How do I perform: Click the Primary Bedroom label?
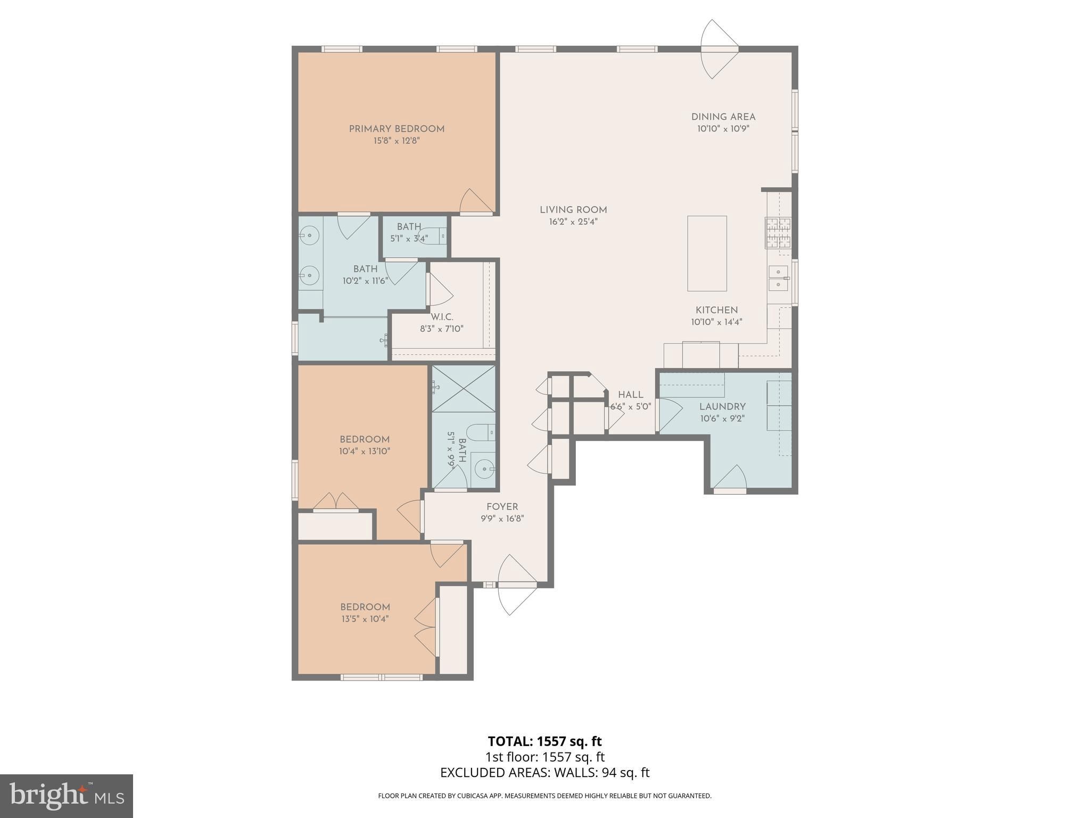pyautogui.click(x=397, y=129)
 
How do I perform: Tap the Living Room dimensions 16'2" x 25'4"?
pyautogui.click(x=573, y=222)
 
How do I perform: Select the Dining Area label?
pyautogui.click(x=723, y=117)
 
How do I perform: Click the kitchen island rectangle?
pyautogui.click(x=707, y=253)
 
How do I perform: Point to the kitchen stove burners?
pyautogui.click(x=778, y=233)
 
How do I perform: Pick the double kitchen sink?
pyautogui.click(x=779, y=278)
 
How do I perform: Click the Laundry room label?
pyautogui.click(x=722, y=407)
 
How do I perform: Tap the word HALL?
pyautogui.click(x=631, y=395)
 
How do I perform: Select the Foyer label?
pyautogui.click(x=502, y=507)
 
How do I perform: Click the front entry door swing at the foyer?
pyautogui.click(x=516, y=585)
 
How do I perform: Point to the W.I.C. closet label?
pyautogui.click(x=442, y=317)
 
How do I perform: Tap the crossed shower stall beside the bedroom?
pyautogui.click(x=463, y=388)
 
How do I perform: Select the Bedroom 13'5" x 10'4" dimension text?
pyautogui.click(x=365, y=619)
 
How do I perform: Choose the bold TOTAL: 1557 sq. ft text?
pyautogui.click(x=545, y=741)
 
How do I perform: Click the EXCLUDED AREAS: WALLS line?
pyautogui.click(x=545, y=773)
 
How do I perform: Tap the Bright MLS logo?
pyautogui.click(x=66, y=795)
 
